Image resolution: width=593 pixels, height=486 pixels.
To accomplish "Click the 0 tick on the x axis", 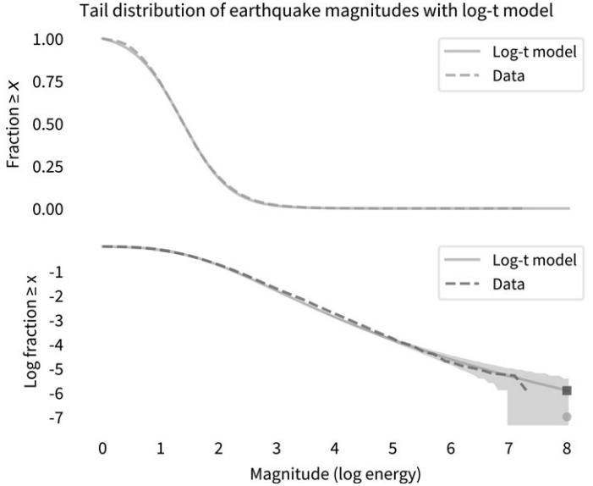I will (102, 447).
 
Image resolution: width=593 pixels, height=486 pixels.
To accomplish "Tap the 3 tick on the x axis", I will (277, 447).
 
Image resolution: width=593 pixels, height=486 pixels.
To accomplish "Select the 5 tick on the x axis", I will (393, 447).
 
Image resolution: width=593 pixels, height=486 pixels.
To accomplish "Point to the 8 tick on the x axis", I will (567, 447).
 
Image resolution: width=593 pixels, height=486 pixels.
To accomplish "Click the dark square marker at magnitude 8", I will (567, 390).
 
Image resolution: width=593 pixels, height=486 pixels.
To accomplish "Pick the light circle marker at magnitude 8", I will (567, 417).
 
